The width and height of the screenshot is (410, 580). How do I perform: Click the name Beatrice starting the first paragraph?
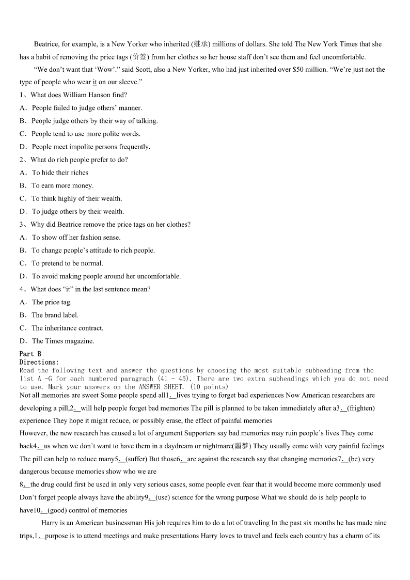click(x=46, y=44)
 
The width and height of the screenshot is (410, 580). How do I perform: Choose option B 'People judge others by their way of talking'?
click(x=94, y=121)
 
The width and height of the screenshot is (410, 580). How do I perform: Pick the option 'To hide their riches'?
click(x=60, y=173)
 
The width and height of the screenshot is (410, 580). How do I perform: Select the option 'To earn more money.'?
click(x=62, y=186)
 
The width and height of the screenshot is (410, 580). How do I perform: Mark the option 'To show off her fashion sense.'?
click(x=76, y=238)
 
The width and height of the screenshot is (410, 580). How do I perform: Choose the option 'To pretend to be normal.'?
click(x=67, y=263)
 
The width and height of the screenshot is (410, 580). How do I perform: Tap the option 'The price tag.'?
click(x=52, y=302)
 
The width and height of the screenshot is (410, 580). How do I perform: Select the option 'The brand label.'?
click(x=55, y=315)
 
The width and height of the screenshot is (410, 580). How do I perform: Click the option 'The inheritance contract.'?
click(x=67, y=328)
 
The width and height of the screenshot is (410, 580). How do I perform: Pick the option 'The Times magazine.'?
click(x=62, y=341)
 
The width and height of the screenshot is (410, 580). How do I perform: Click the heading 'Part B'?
click(x=30, y=354)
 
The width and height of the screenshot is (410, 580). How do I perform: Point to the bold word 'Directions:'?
click(x=39, y=362)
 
